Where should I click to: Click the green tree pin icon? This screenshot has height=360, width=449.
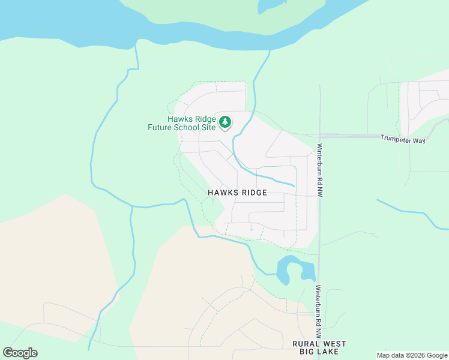(225, 122)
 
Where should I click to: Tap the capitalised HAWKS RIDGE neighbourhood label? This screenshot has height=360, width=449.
(237, 193)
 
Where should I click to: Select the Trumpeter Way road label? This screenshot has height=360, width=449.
(403, 139)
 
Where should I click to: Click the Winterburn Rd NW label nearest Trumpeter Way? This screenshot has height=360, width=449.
(321, 171)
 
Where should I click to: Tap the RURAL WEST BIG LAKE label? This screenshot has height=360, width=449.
(319, 347)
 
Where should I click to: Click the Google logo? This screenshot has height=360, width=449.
(20, 353)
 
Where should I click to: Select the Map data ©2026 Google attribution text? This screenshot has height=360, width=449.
(412, 355)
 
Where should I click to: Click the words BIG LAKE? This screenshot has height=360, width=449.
(319, 352)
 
